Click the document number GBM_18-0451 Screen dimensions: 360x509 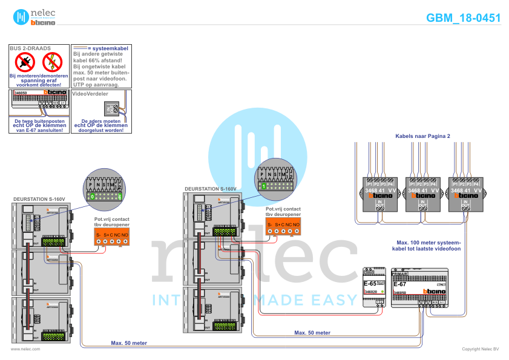click(463, 18)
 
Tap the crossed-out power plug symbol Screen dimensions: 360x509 click(25, 62)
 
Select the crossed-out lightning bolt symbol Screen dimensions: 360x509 click(53, 62)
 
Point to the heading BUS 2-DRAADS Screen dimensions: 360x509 click(31, 47)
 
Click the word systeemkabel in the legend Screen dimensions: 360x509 click(110, 47)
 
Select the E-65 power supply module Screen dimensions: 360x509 click(374, 287)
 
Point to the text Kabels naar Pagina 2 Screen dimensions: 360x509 click(422, 136)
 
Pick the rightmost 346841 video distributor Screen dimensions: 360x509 click(465, 194)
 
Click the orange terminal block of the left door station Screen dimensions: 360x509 click(113, 237)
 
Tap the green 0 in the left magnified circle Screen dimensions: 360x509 click(92, 197)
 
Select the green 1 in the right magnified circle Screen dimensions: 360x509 click(264, 187)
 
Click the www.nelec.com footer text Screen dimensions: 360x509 click(25, 349)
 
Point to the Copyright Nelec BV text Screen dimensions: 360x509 click(481, 349)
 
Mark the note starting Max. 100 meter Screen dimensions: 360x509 click(426, 245)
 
